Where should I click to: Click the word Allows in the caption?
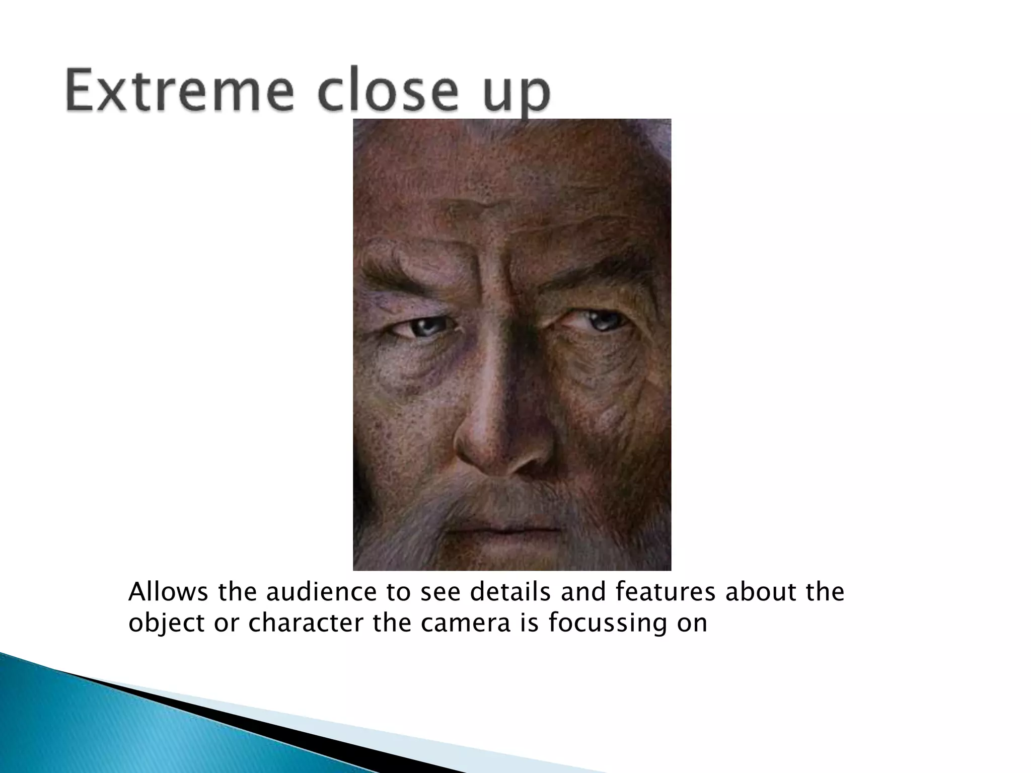pos(168,592)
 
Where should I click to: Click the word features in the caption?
pos(665,592)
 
